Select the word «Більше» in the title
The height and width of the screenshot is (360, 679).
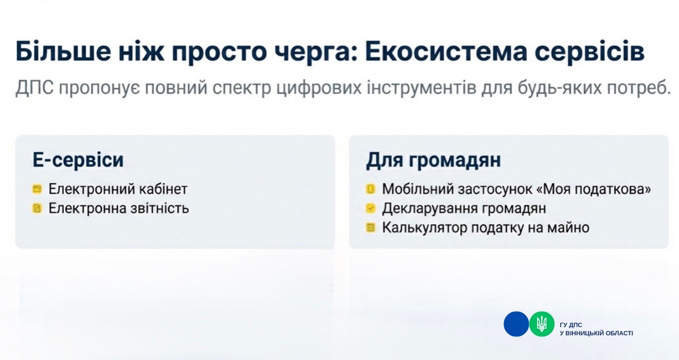point(63,50)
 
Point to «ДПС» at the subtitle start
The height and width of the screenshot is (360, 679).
point(34,88)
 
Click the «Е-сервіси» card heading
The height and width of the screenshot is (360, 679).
point(78,160)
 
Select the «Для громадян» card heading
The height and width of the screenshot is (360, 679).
point(434,160)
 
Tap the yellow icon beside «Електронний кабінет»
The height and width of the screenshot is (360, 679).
point(37,189)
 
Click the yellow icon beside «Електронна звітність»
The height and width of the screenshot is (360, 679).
point(37,208)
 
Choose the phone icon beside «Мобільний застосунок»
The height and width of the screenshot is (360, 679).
point(370,189)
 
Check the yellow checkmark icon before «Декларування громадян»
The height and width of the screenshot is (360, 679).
point(370,208)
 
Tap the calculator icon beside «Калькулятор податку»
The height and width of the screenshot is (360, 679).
point(370,228)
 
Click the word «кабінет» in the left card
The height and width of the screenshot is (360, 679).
point(164,189)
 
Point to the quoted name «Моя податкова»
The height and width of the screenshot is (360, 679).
point(594,189)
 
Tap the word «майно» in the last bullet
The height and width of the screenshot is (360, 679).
point(568,228)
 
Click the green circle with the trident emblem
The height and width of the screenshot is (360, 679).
point(542,324)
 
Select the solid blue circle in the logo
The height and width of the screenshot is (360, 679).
point(516,324)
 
